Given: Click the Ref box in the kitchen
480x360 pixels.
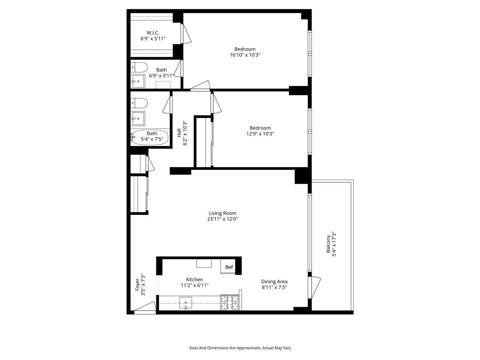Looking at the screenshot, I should click(x=229, y=267).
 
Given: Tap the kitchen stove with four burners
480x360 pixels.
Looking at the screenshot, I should click(x=230, y=303).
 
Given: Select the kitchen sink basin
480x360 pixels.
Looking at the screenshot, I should click(x=186, y=302).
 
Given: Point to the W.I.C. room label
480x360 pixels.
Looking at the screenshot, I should click(x=153, y=32).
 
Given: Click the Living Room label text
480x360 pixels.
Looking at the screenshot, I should click(x=222, y=213).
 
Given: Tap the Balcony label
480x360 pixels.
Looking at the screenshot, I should click(x=328, y=244).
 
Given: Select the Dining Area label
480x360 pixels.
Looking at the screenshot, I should click(x=274, y=281).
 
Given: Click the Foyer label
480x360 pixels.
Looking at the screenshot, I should click(x=137, y=287).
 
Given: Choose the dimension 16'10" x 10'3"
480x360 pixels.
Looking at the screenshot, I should click(x=245, y=55).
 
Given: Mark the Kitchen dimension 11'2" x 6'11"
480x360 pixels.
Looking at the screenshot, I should click(x=194, y=286).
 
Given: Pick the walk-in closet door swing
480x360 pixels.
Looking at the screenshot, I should click(x=186, y=34).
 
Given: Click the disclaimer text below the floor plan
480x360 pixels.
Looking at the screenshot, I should click(x=240, y=348).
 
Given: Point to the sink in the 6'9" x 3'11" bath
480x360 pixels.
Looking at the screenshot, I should click(x=138, y=81).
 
